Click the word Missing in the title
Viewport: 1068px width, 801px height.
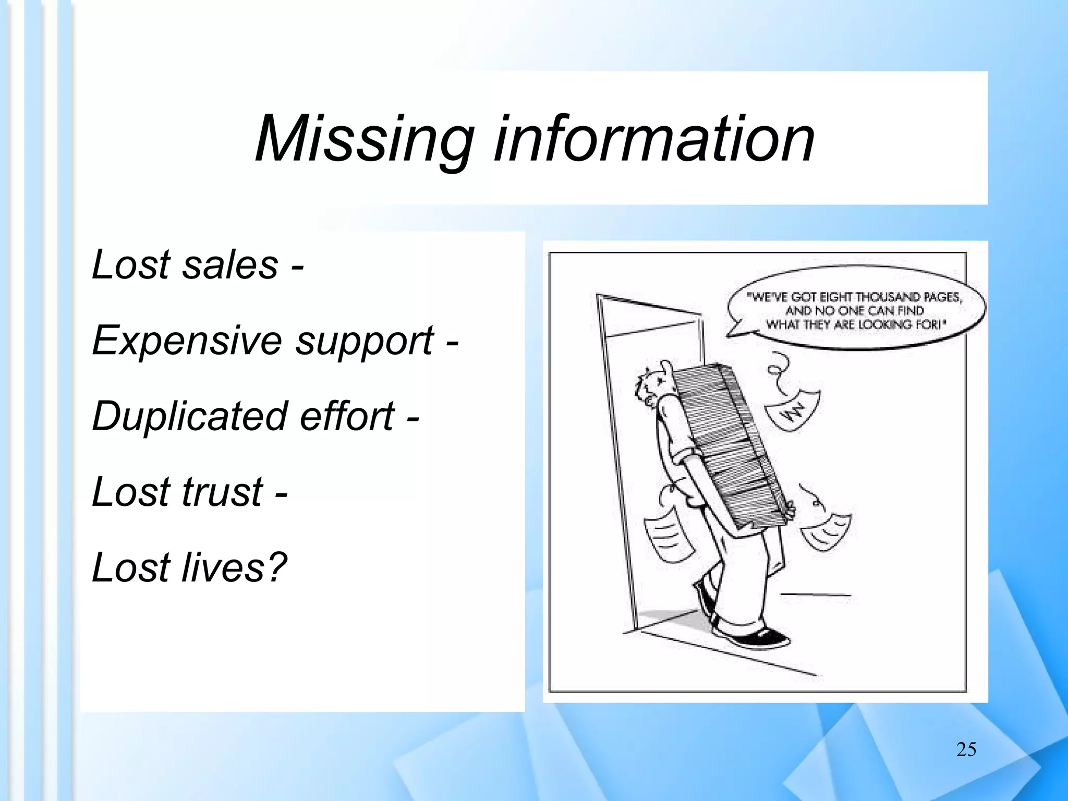point(364,140)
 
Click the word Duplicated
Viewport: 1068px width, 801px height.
point(190,416)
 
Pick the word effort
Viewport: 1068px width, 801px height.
point(347,416)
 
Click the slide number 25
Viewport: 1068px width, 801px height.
point(966,749)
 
